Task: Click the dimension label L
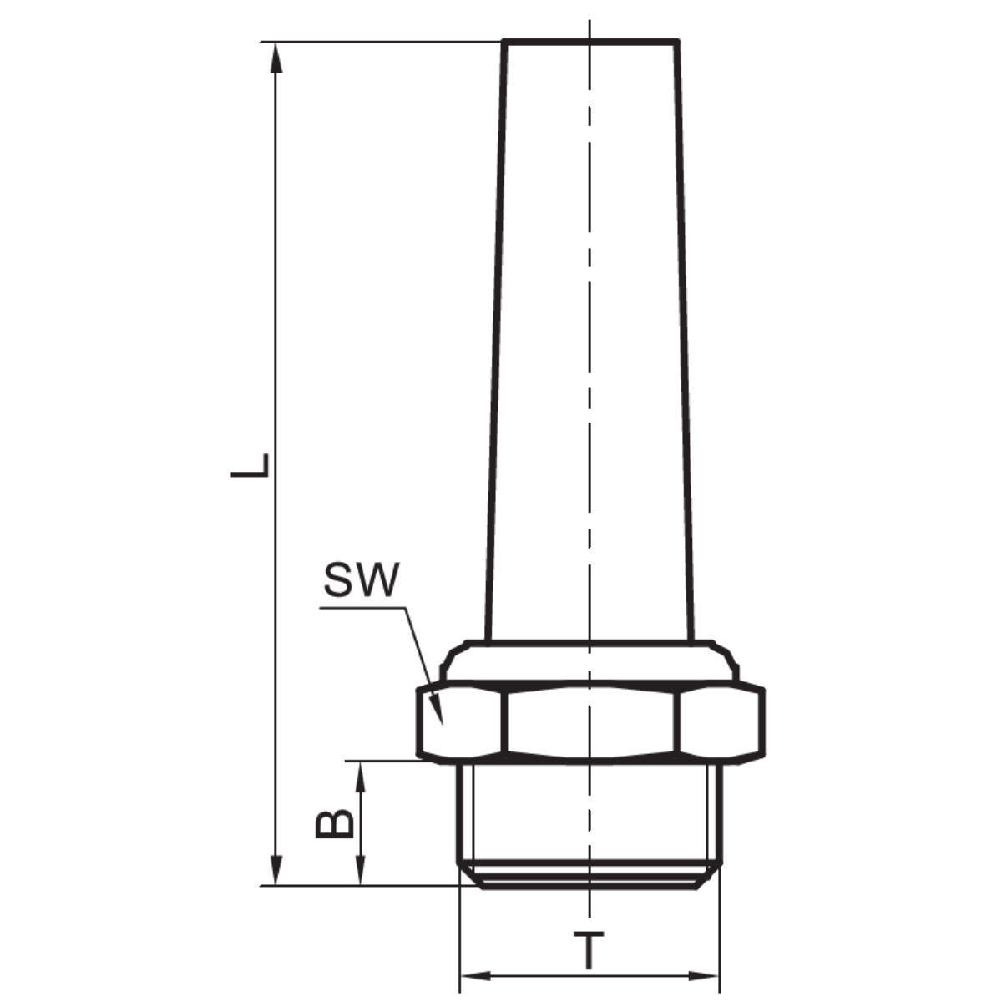[250, 465]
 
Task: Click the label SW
[362, 579]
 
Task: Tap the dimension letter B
[335, 823]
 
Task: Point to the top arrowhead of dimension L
[276, 58]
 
